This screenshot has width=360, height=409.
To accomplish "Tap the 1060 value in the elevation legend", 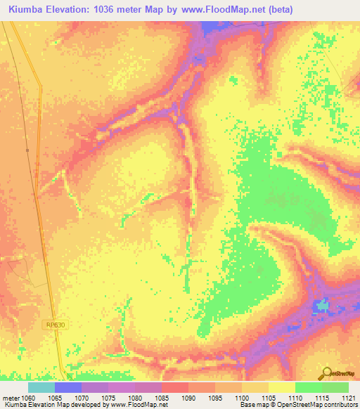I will point(29,397).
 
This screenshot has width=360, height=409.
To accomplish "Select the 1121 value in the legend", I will point(348,397).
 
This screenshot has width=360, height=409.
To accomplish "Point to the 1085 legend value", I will point(162,397).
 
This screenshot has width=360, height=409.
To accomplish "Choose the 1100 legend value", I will point(241,397).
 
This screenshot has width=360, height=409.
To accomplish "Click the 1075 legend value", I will point(108,397).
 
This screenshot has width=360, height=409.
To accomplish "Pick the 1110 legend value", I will point(295,397).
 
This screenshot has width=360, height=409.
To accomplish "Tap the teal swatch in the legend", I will point(41,387).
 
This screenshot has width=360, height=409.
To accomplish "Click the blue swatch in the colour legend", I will point(68,387).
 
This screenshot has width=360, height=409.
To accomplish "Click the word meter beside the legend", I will point(10,397).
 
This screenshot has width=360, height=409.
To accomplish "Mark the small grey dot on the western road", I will point(27,150).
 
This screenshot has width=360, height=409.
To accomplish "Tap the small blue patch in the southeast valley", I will point(323,306).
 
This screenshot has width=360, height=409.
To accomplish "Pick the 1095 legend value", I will point(214,397).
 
